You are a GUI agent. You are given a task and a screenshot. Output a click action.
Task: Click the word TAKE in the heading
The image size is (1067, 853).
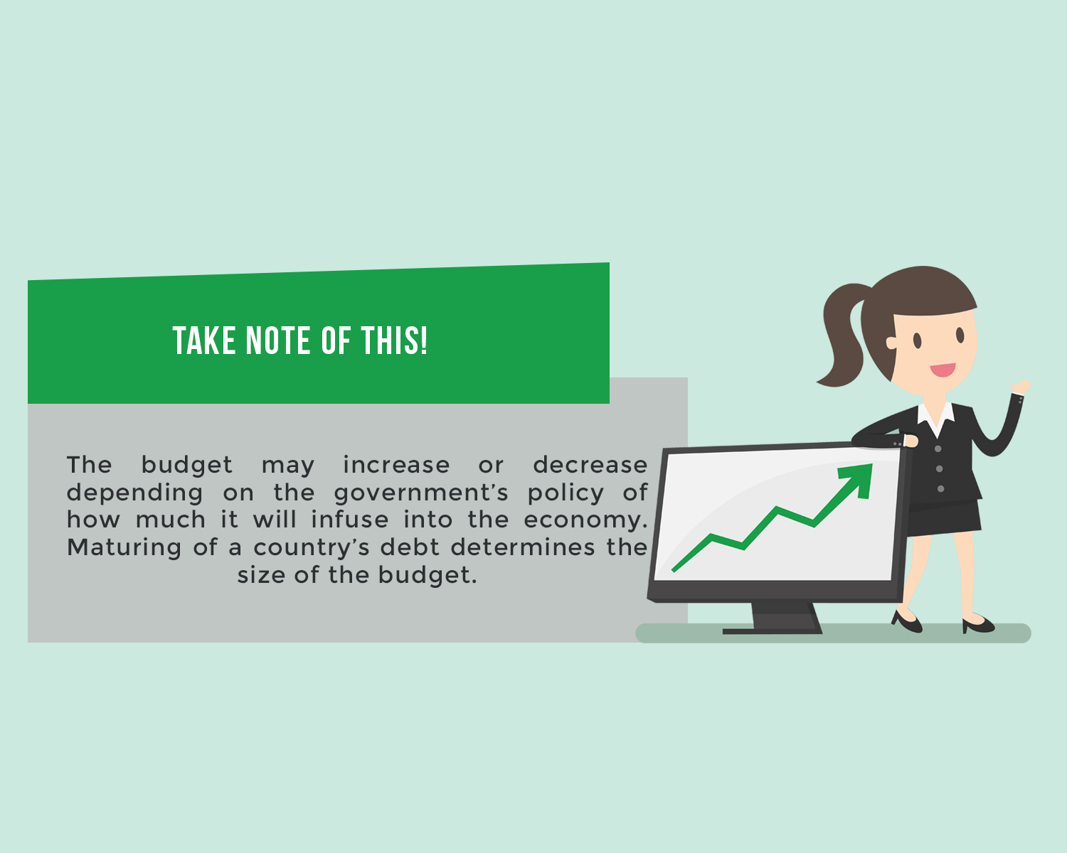pos(203,341)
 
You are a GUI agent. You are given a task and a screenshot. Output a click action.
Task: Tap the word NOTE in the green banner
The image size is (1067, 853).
pos(277,341)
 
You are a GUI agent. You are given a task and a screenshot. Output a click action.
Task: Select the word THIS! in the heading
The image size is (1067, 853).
pos(394,341)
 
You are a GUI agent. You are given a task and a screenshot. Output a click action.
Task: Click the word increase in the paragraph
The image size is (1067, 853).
pos(396,465)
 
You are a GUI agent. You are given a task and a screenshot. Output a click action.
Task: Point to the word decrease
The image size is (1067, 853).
pos(590,465)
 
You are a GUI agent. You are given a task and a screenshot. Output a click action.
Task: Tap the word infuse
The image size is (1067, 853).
pos(349,520)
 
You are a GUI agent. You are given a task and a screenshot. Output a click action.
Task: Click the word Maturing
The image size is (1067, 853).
pos(124,548)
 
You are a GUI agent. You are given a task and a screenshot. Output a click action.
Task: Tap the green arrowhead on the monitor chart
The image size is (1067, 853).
pos(858,479)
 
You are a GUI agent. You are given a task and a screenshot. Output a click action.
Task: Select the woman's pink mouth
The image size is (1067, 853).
pos(943,370)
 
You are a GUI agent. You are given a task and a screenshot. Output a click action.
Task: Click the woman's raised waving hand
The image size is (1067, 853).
pos(1022,386)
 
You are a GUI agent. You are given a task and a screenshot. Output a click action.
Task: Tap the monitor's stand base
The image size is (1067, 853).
pos(772,631)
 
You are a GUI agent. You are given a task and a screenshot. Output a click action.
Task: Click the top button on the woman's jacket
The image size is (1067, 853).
pos(938,449)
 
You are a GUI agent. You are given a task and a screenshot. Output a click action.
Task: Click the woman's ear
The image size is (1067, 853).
pos(891,343)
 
